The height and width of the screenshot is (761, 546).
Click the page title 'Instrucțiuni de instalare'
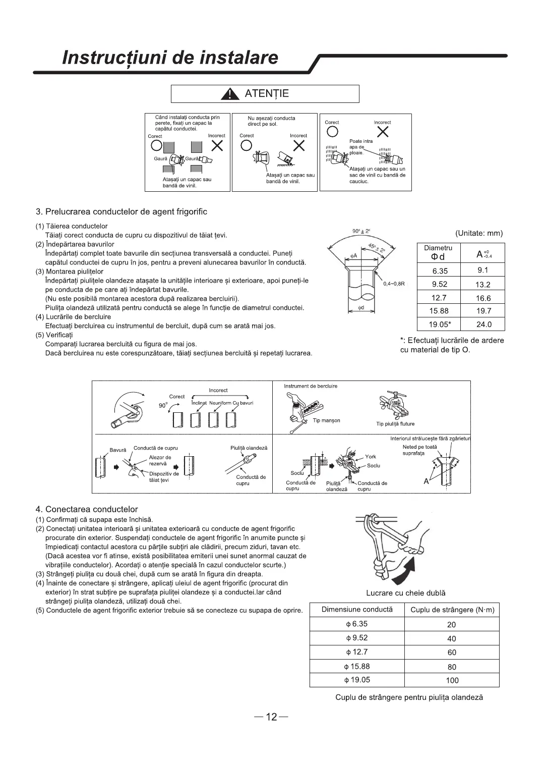pos(170,58)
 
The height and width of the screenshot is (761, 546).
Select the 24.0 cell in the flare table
pos(483,324)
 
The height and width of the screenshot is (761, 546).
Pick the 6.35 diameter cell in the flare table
pos(440,270)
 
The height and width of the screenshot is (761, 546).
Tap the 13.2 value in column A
pos(483,284)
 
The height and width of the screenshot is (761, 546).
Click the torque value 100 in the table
pos(452,680)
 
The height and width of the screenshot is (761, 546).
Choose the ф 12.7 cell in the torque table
pos(357,652)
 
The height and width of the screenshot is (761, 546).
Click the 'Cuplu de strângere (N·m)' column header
pos(452,610)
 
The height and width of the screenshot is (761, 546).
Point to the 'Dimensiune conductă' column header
pos(357,609)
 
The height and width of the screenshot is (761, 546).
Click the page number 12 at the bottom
pos(272,717)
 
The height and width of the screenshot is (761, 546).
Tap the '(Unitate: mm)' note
pos(479,233)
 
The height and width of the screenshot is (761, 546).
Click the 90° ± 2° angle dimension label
pos(361,231)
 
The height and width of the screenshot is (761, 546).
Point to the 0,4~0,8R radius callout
pos(394,284)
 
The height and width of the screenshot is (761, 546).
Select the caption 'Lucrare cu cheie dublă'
pos(406,593)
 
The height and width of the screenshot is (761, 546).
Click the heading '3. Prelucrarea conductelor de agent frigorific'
pos(122,211)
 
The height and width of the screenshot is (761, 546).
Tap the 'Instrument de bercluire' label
pos(311,386)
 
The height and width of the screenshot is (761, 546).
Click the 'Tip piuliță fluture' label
pos(395,424)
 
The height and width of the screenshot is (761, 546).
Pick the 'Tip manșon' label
pos(326,420)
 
